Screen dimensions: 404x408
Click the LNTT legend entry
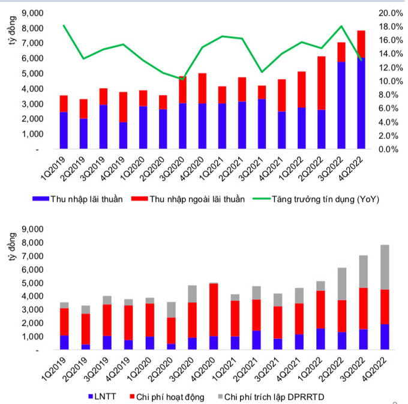pyautogui.click(x=104, y=396)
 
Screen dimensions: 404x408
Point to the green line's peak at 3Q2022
pyautogui.click(x=341, y=26)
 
